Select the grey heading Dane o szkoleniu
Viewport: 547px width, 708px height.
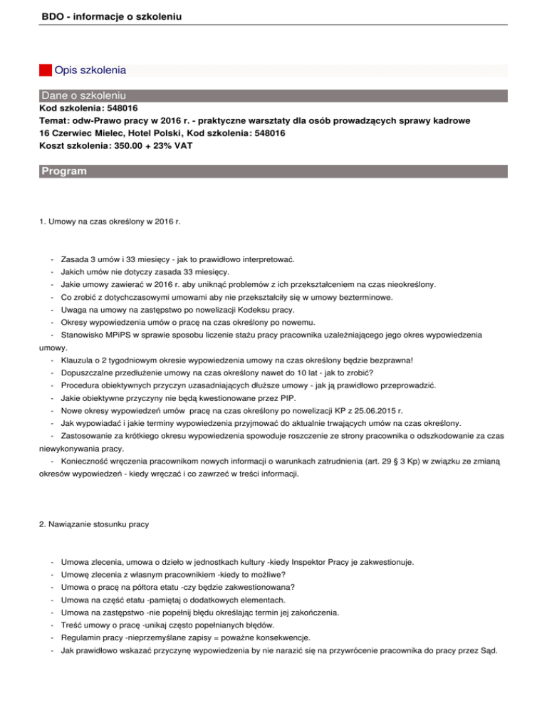point(84,94)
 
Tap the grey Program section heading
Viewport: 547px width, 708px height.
point(64,172)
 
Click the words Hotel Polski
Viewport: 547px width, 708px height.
point(155,133)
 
